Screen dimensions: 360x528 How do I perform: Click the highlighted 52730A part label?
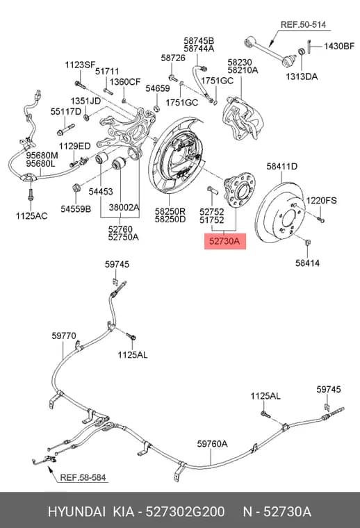pos(225,241)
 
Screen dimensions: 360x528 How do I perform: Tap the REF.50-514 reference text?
pos(303,24)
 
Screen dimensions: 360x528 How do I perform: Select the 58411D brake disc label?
pos(282,166)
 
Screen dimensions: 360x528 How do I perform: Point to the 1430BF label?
pos(339,46)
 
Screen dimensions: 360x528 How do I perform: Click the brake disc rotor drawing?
pos(281,212)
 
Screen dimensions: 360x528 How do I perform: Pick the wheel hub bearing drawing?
pos(240,190)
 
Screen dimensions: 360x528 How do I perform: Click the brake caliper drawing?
pos(243,118)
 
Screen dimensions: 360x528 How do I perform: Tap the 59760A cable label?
pos(212,444)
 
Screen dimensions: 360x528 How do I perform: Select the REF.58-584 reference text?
pos(83,477)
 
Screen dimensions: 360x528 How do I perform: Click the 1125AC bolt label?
pos(32,216)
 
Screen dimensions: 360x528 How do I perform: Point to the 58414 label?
pos(307,263)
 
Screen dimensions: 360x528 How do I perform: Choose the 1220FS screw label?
pos(321,201)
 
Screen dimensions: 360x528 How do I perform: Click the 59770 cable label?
pos(64,336)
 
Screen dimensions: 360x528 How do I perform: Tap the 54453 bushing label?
pos(101,192)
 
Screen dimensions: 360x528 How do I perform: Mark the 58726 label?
pos(173,58)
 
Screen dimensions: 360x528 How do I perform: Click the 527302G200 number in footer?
pos(185,512)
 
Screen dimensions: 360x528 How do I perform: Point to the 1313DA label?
pos(302,77)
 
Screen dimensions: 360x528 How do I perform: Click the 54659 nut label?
pos(158,88)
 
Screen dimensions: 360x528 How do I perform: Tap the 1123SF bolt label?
pos(80,65)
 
